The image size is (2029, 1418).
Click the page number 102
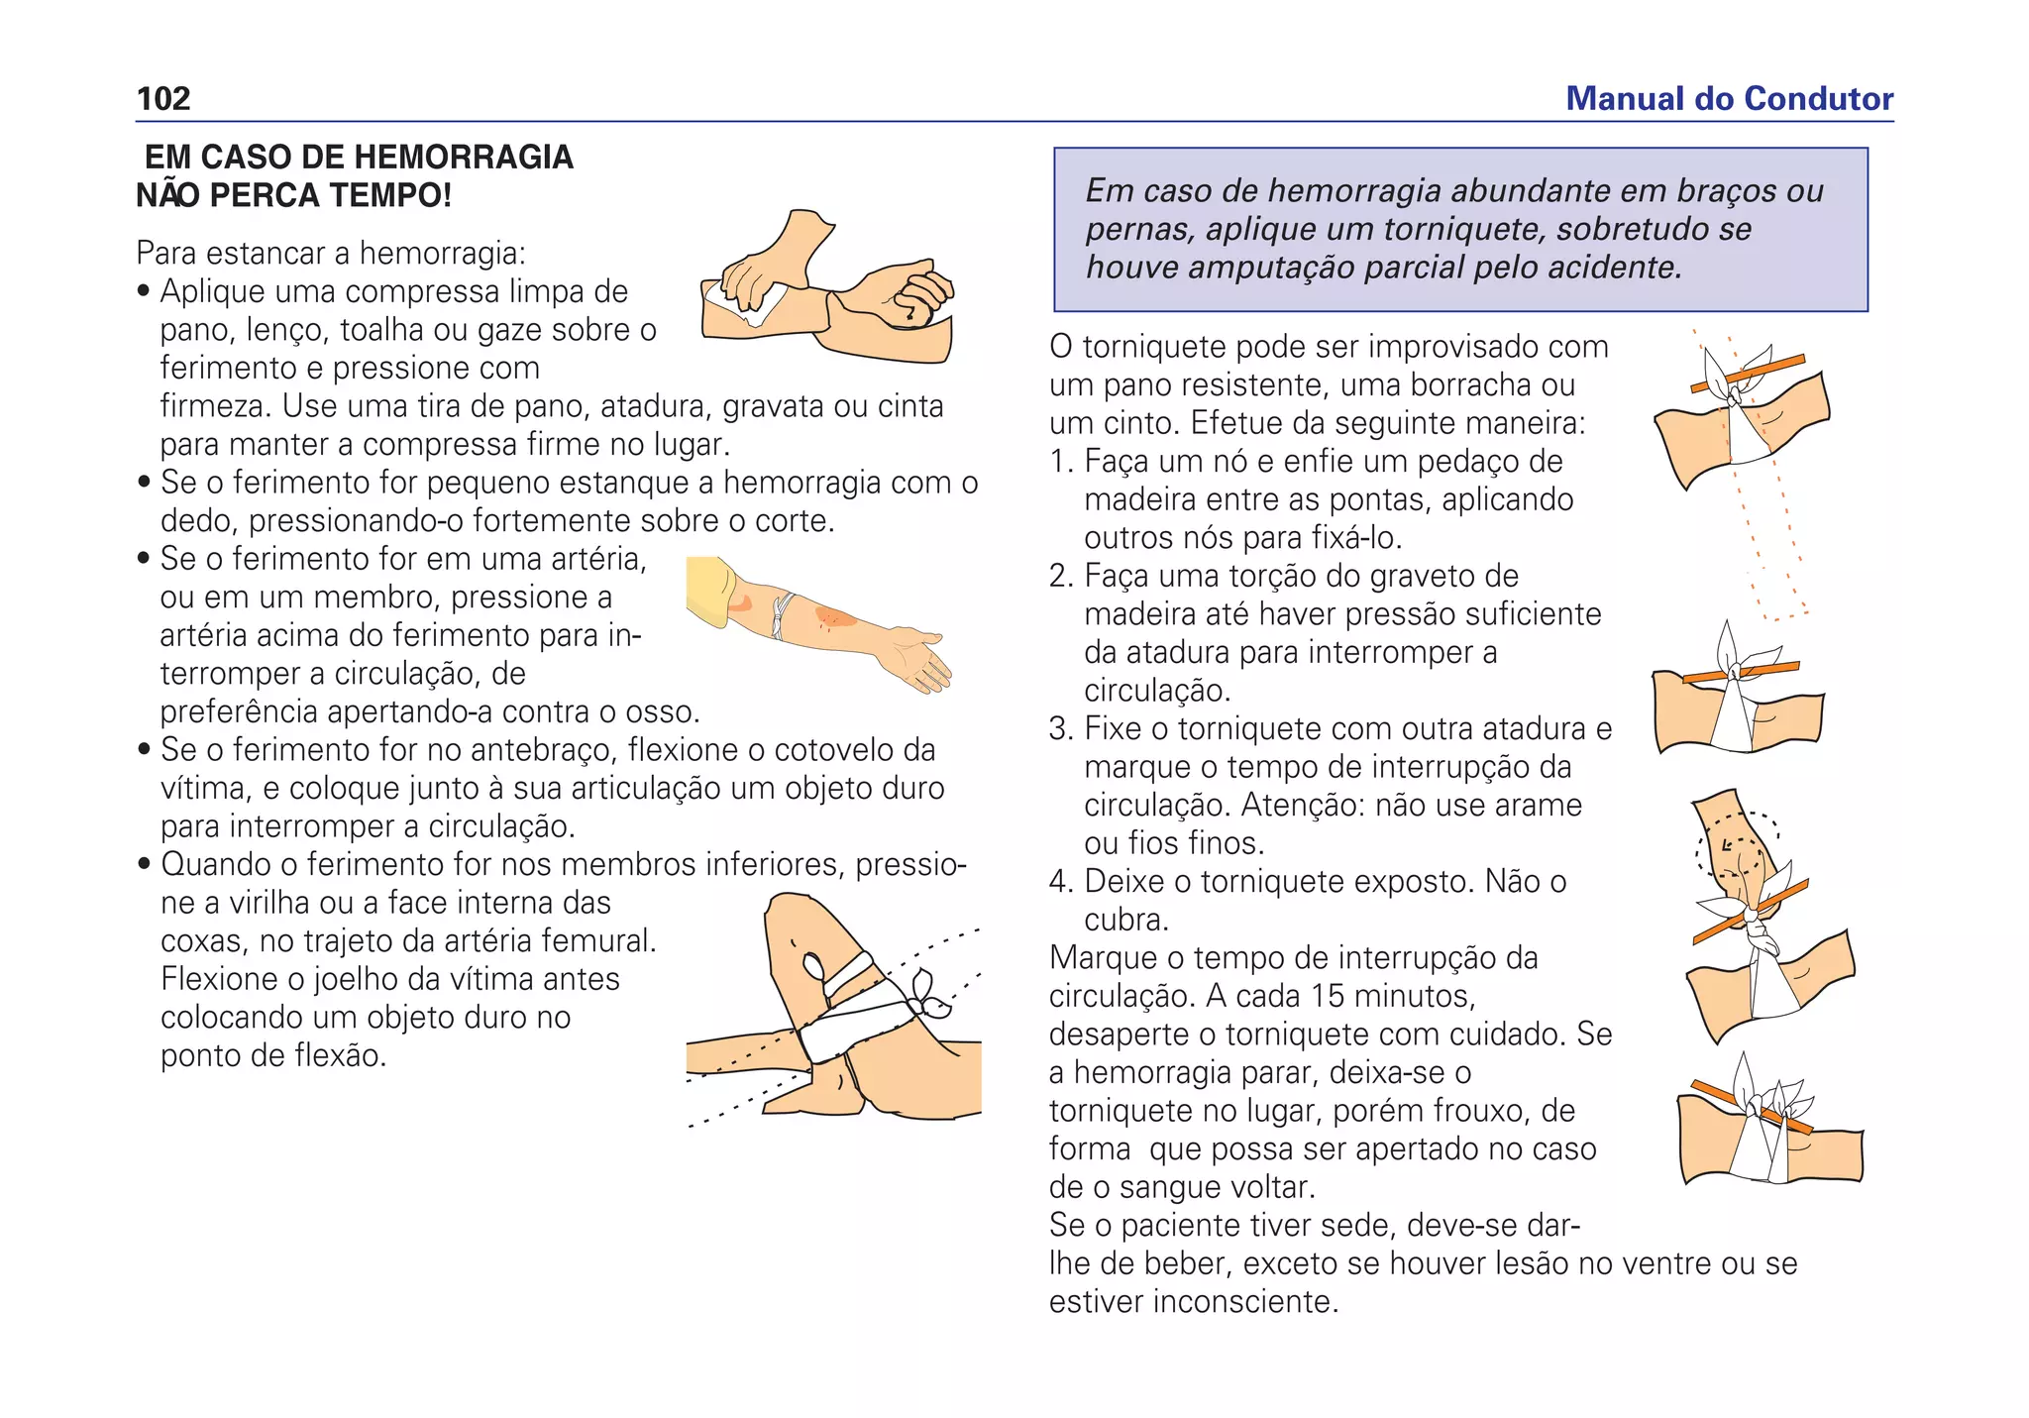(x=163, y=99)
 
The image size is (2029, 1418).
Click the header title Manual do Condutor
(x=1729, y=99)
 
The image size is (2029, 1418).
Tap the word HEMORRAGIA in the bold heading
(x=463, y=158)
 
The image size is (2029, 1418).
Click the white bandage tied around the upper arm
(x=784, y=615)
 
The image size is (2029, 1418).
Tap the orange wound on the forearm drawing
(x=833, y=618)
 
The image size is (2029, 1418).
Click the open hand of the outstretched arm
(x=921, y=660)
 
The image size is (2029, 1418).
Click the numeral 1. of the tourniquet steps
(x=1062, y=462)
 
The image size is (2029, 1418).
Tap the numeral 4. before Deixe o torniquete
(x=1062, y=882)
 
